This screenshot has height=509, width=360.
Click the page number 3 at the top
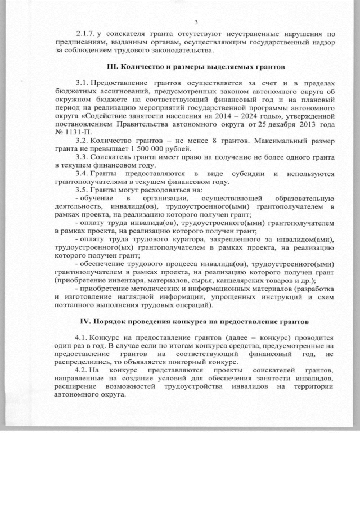(x=196, y=22)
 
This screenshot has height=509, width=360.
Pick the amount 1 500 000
(x=146, y=149)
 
